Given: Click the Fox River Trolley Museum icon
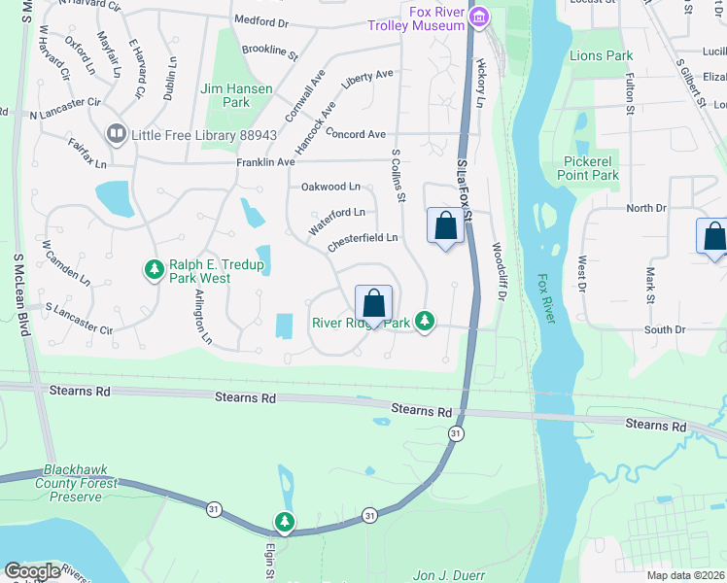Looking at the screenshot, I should click(478, 17).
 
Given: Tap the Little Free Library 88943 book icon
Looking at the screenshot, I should click(116, 133).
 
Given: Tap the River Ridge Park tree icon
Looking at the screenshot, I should click(424, 320).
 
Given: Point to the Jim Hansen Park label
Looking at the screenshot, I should click(225, 95).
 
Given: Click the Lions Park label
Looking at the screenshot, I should click(601, 55).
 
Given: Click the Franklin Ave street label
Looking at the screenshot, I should click(264, 163).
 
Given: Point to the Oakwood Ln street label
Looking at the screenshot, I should click(330, 187).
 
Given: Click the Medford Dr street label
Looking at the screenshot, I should click(261, 21).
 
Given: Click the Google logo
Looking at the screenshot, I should click(31, 570).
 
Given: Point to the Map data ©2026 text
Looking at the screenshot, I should click(685, 575).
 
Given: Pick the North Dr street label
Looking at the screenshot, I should click(646, 208).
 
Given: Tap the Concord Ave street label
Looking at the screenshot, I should click(356, 134).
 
